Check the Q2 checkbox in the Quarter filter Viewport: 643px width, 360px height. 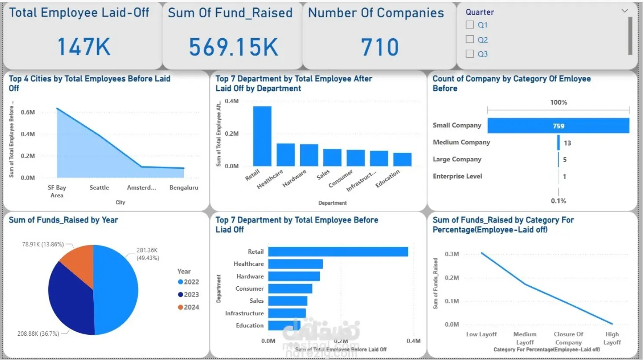tap(469, 39)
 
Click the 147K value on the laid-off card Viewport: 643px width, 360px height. tap(84, 47)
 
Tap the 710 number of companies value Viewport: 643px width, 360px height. tap(380, 47)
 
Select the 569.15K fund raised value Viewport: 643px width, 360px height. tap(233, 47)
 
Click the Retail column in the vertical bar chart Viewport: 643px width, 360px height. tap(262, 136)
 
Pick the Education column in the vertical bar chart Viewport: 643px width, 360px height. tap(402, 159)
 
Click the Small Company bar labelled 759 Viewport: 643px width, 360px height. tap(558, 126)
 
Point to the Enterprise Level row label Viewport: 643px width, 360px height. tap(457, 176)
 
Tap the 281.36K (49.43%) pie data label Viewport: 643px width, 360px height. tap(148, 254)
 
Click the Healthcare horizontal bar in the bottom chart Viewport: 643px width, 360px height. tap(295, 264)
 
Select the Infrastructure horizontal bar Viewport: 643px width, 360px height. tap(287, 313)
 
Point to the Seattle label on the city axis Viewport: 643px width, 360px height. tap(99, 188)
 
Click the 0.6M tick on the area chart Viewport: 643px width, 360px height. tap(28, 112)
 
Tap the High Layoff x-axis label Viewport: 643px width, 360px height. tap(612, 338)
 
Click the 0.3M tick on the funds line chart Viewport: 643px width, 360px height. tap(452, 254)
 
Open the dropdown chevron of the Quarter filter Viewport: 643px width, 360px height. tap(624, 11)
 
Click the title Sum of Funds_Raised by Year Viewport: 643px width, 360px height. tap(63, 220)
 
